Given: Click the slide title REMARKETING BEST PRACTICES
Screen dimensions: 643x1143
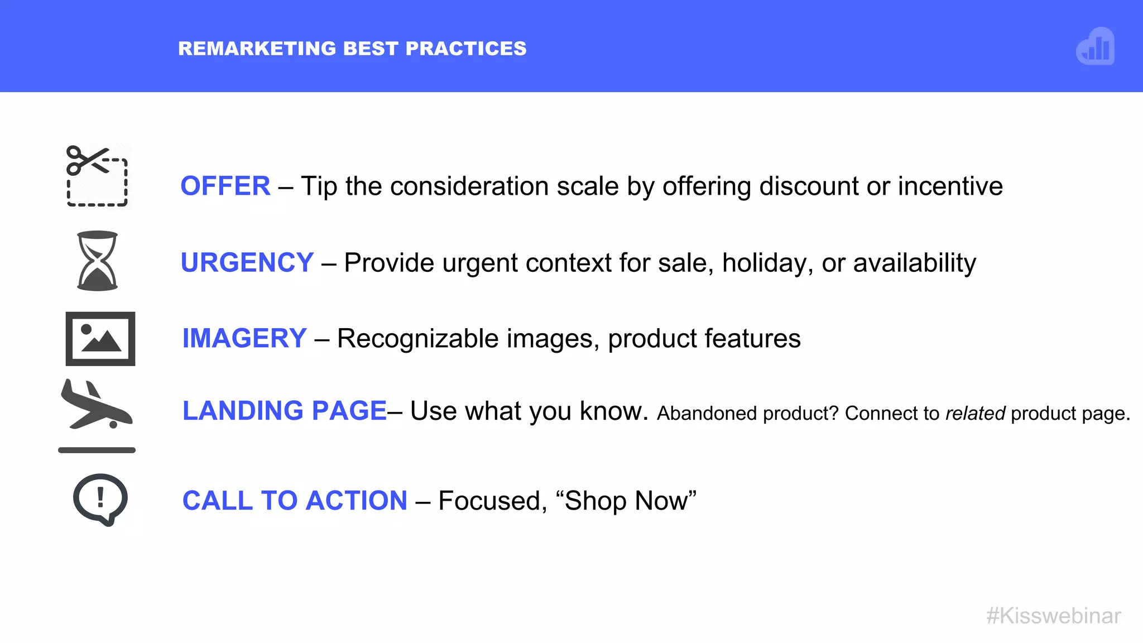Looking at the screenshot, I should coord(352,49).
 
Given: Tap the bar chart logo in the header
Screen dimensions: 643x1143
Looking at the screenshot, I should coord(1095,47).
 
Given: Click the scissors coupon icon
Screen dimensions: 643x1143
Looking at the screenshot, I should coord(97,175).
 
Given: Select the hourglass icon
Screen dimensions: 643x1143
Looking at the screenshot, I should coord(97,261).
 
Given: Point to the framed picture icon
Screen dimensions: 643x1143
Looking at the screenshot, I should coord(100,339).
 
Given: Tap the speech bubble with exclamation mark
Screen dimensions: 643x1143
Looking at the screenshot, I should coord(100,499).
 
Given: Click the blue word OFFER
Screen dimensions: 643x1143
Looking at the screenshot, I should coord(225,186).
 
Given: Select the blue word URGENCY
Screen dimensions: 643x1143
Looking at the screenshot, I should coord(247,262).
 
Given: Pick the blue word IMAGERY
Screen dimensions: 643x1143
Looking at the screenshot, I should coord(244,338).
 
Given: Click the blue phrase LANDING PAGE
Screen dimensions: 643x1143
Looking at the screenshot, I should coord(285,411).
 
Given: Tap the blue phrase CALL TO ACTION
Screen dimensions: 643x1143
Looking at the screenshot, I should coord(295,501).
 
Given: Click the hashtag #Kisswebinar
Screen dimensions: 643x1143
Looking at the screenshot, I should coord(1053,616).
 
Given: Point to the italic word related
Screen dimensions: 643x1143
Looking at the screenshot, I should coord(975,414).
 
